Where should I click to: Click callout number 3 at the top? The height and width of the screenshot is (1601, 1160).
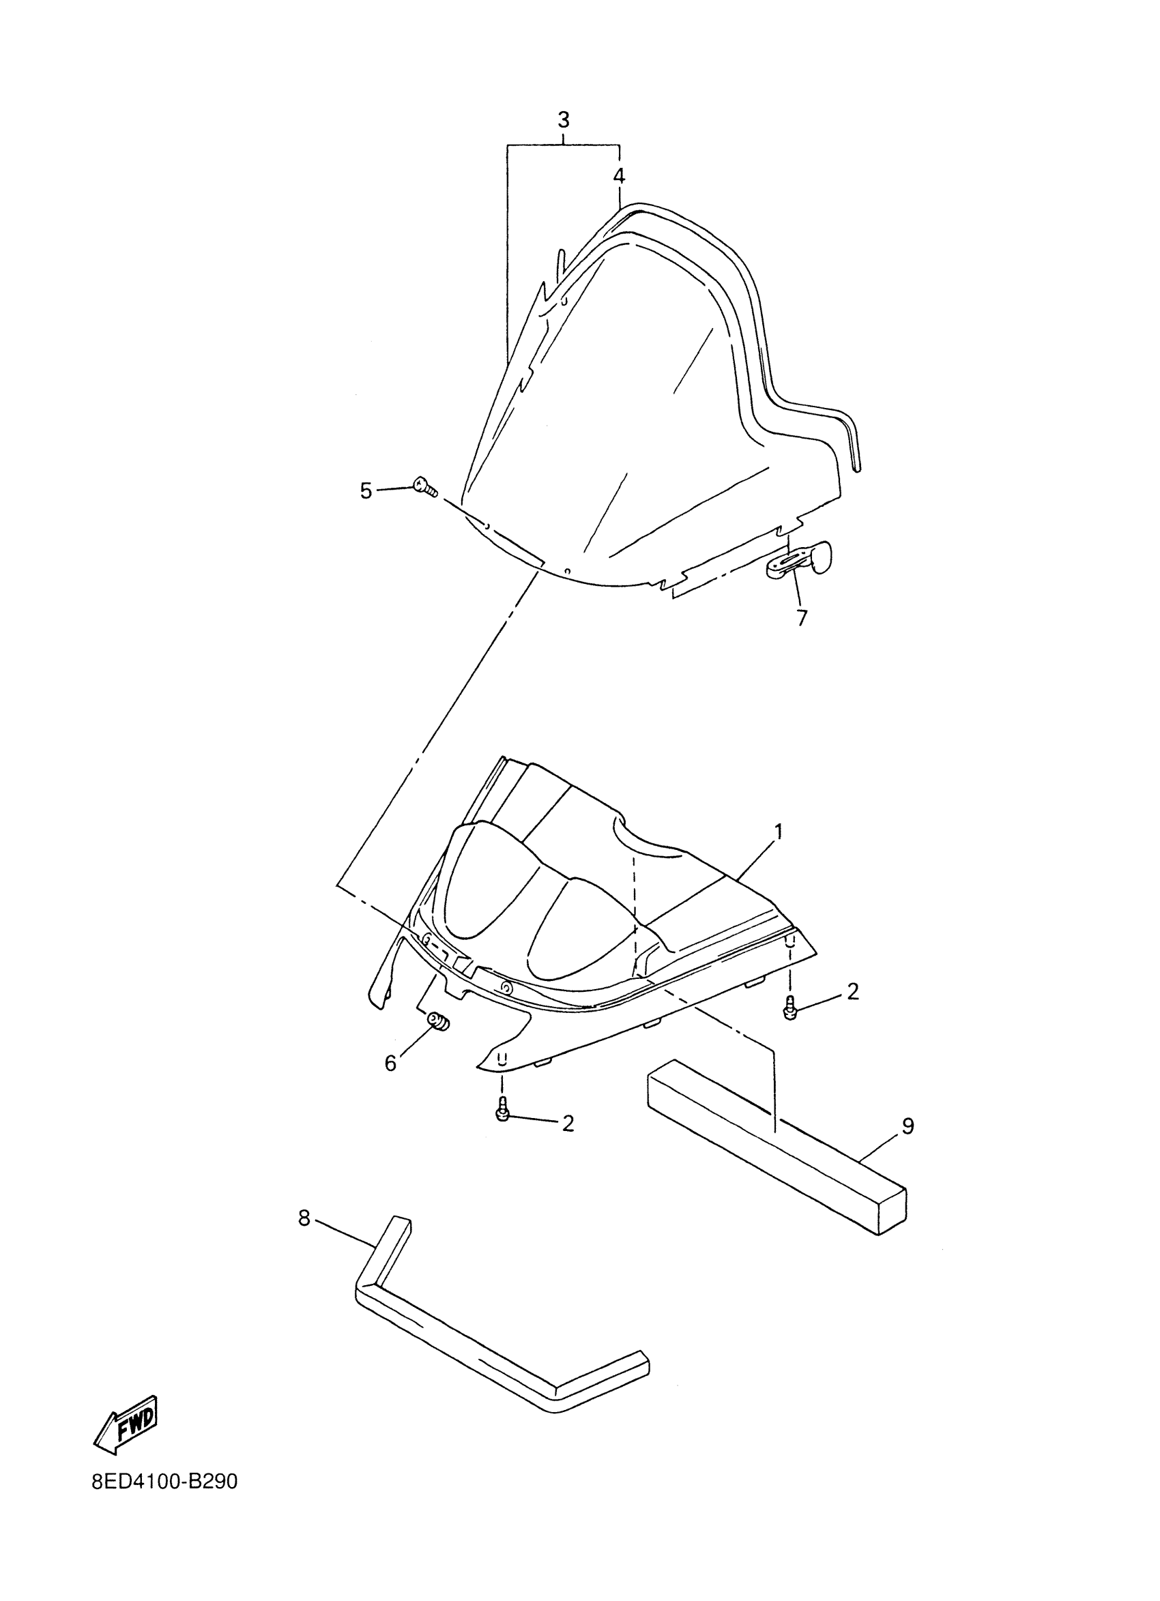click(x=563, y=120)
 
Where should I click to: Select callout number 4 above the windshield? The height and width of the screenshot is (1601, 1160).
click(x=618, y=176)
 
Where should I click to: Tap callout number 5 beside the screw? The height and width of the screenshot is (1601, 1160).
click(x=366, y=490)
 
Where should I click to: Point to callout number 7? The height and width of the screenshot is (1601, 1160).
click(x=801, y=617)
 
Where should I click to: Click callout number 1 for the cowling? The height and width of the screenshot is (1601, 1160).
click(x=778, y=832)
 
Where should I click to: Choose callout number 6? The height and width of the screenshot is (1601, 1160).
click(x=390, y=1063)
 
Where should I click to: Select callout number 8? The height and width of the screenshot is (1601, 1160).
click(x=304, y=1217)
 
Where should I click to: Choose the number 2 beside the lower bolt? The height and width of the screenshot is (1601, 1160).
click(x=568, y=1122)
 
